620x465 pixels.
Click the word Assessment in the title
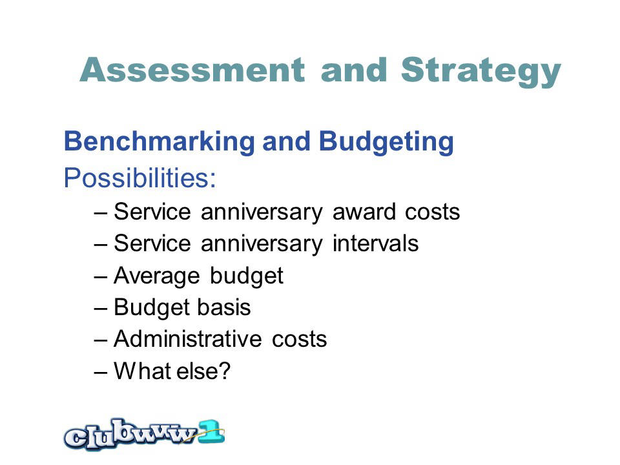pos(192,70)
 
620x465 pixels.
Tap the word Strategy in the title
pos(480,72)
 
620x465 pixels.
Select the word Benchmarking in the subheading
pos(160,142)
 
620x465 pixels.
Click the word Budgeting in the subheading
pos(386,142)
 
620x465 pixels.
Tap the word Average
pos(156,276)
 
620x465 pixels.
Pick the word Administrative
pos(187,339)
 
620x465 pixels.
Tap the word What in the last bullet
pos(143,371)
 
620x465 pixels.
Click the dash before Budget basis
pos(101,308)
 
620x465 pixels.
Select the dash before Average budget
pos(101,276)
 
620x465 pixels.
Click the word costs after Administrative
pos(299,339)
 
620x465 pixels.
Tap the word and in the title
pos(353,70)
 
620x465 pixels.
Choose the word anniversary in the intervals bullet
pos(262,244)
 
